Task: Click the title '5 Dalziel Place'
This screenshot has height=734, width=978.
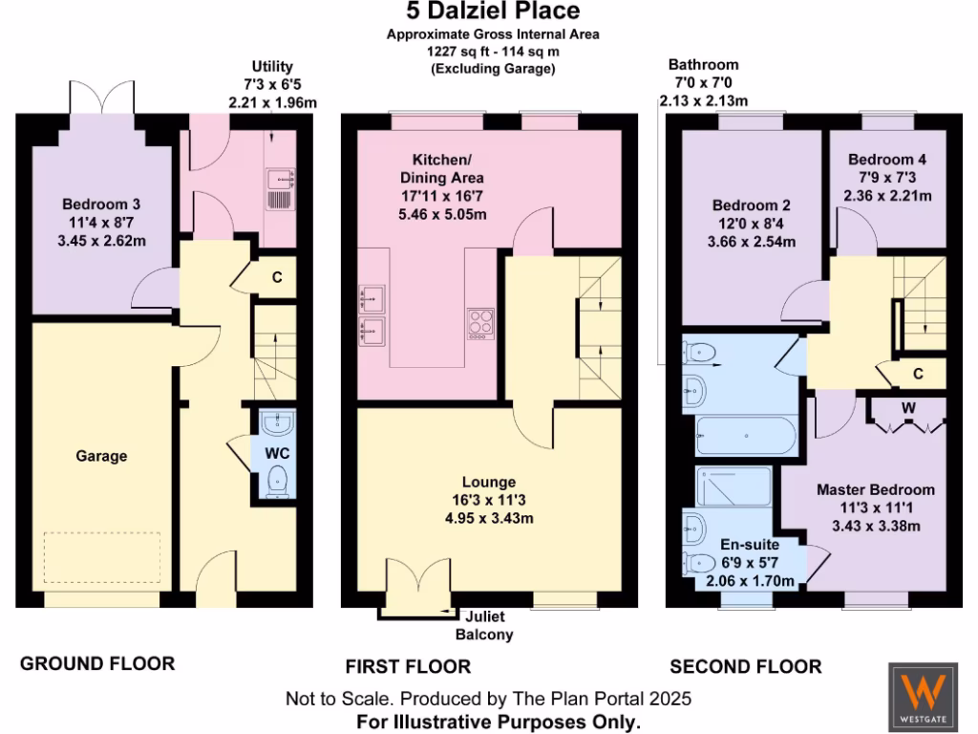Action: (x=492, y=11)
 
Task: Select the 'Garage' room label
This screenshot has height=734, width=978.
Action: (x=101, y=457)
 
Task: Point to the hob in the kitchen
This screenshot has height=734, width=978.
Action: (x=479, y=323)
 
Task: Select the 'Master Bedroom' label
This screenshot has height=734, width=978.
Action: (x=875, y=489)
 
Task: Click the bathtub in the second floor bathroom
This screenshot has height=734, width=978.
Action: (x=745, y=436)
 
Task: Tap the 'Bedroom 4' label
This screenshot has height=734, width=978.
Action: (x=887, y=161)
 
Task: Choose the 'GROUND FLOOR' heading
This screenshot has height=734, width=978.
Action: (x=97, y=663)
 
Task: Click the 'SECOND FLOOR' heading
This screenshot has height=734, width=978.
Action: (x=745, y=665)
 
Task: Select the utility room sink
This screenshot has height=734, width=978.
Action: (x=282, y=177)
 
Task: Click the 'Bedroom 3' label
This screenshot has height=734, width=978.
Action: (x=101, y=205)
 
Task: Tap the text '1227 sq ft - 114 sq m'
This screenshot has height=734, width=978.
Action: (x=492, y=53)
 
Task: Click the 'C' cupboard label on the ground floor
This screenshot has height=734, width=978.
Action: (x=277, y=279)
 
